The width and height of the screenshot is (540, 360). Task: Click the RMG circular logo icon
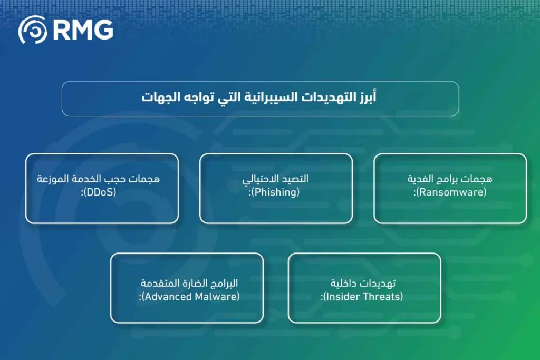[33, 30]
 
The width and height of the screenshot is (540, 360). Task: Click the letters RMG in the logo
[83, 30]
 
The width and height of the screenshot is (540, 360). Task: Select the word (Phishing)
[275, 192]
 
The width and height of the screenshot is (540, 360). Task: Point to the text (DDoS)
[100, 192]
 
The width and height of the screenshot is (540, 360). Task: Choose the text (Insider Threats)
[363, 297]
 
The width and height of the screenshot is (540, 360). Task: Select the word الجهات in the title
[160, 98]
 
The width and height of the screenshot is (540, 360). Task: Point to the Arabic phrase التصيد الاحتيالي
[276, 179]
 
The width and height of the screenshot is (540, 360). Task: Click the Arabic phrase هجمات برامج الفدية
[450, 179]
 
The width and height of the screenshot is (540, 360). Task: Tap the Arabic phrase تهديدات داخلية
[363, 284]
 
